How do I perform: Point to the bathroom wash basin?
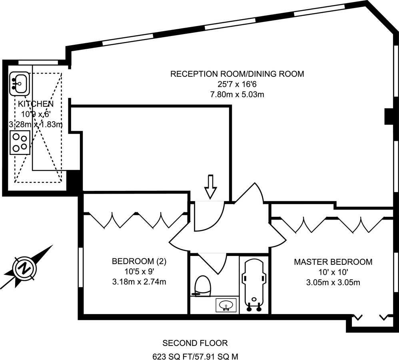(x=226, y=306)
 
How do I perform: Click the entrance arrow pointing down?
(x=210, y=187)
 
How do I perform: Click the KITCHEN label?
(x=36, y=104)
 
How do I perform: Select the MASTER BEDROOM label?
(x=333, y=262)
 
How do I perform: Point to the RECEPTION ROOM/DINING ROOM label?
(x=237, y=74)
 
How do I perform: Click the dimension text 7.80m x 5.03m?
(x=237, y=95)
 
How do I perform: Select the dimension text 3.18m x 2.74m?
(x=139, y=282)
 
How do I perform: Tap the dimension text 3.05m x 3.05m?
(x=333, y=282)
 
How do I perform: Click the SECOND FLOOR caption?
(x=195, y=343)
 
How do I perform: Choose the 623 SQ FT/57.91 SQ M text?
(x=195, y=356)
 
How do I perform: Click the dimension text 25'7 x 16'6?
(x=237, y=84)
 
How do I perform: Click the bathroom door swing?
(x=214, y=262)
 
